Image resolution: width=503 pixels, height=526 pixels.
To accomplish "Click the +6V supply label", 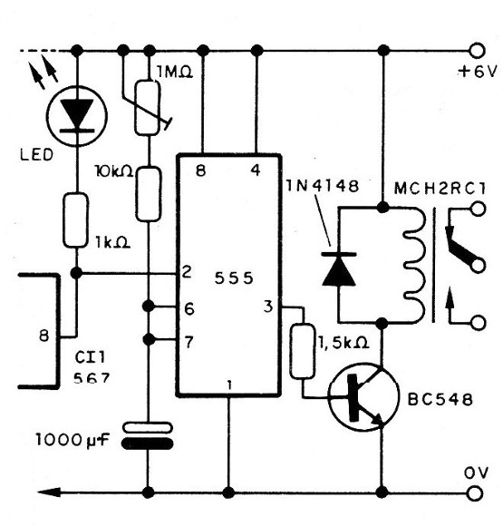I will pos(472,71).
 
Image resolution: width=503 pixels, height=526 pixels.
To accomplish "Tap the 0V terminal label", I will pos(473,472).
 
